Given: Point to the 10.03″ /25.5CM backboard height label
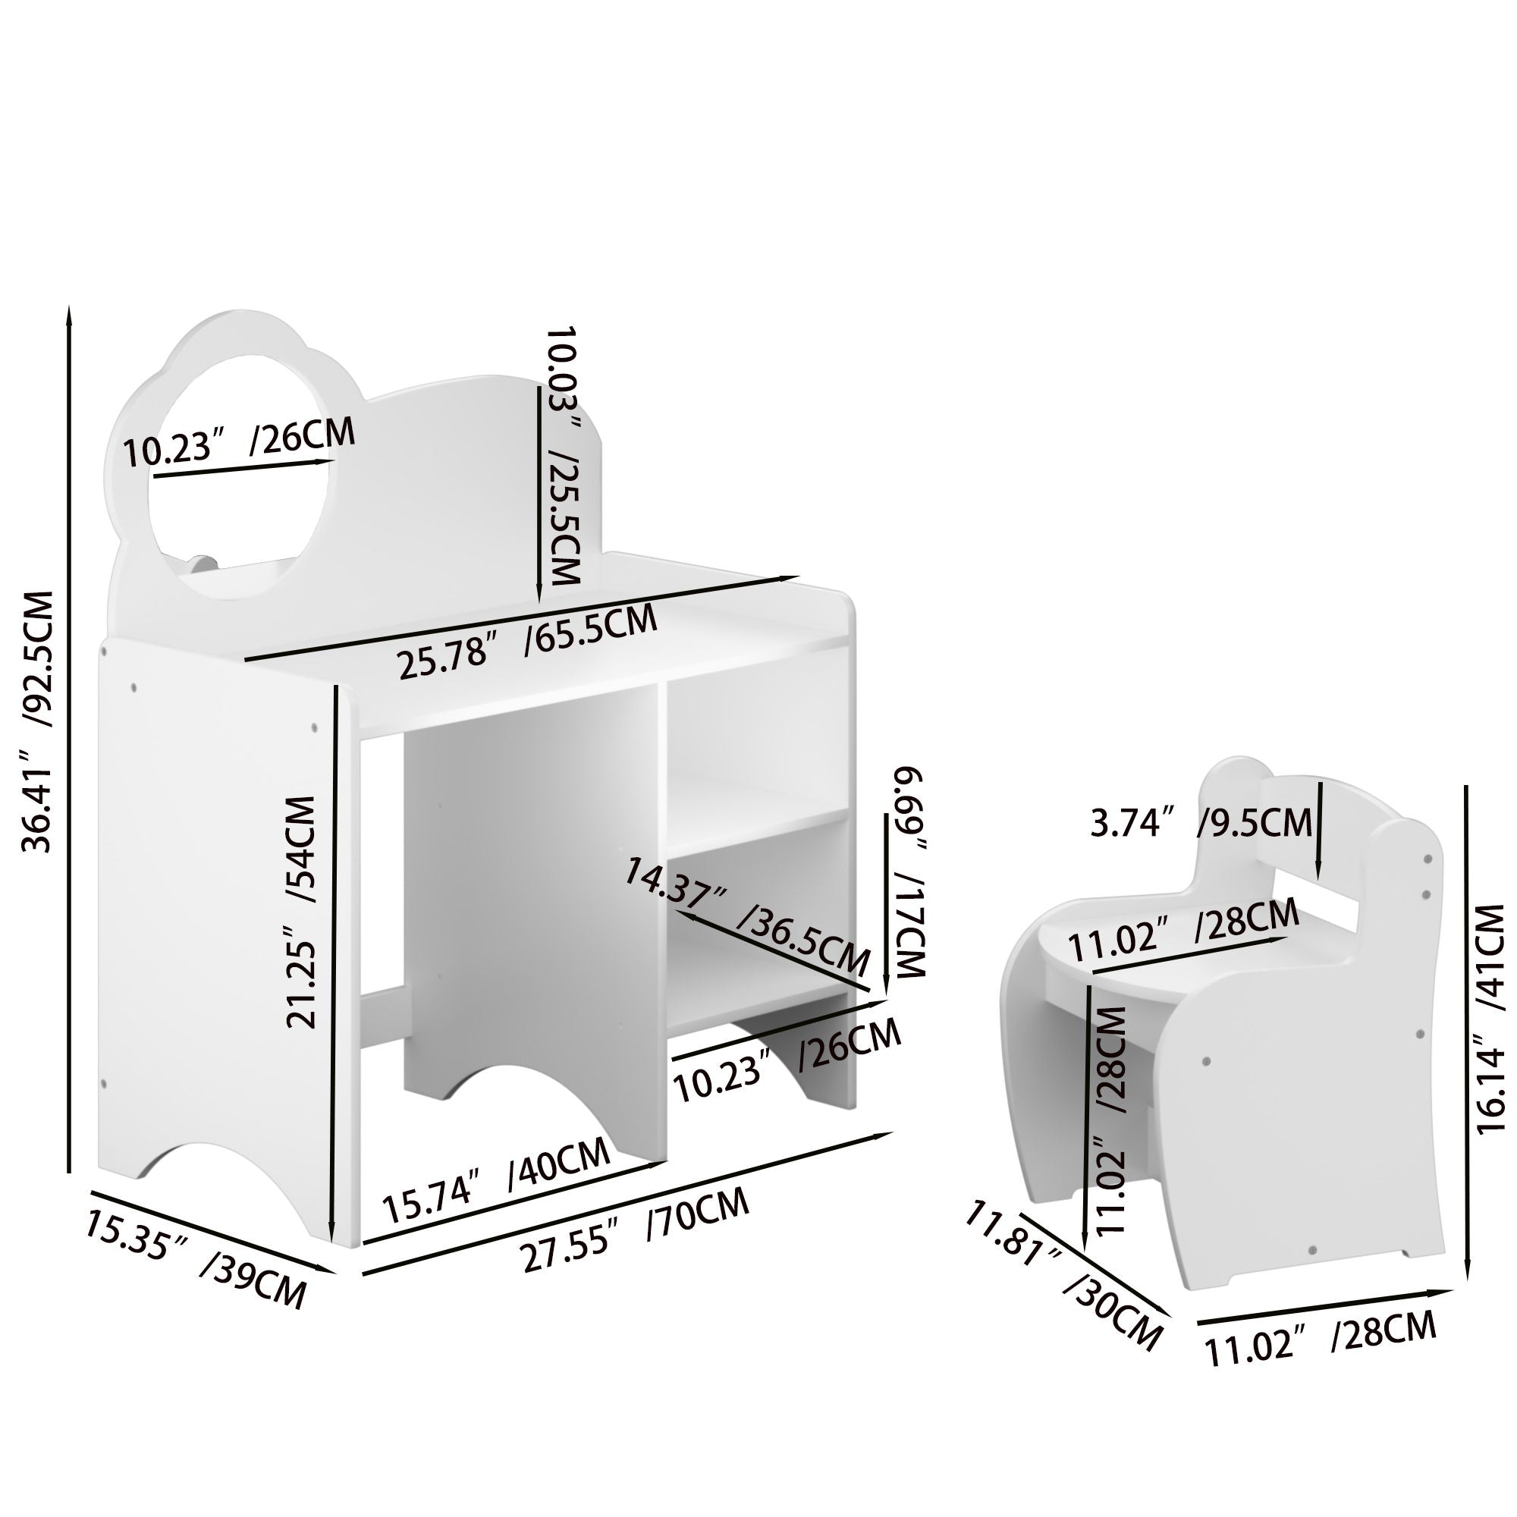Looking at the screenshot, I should [x=564, y=455].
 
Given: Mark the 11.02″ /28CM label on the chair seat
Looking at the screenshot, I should [x=1184, y=930].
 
